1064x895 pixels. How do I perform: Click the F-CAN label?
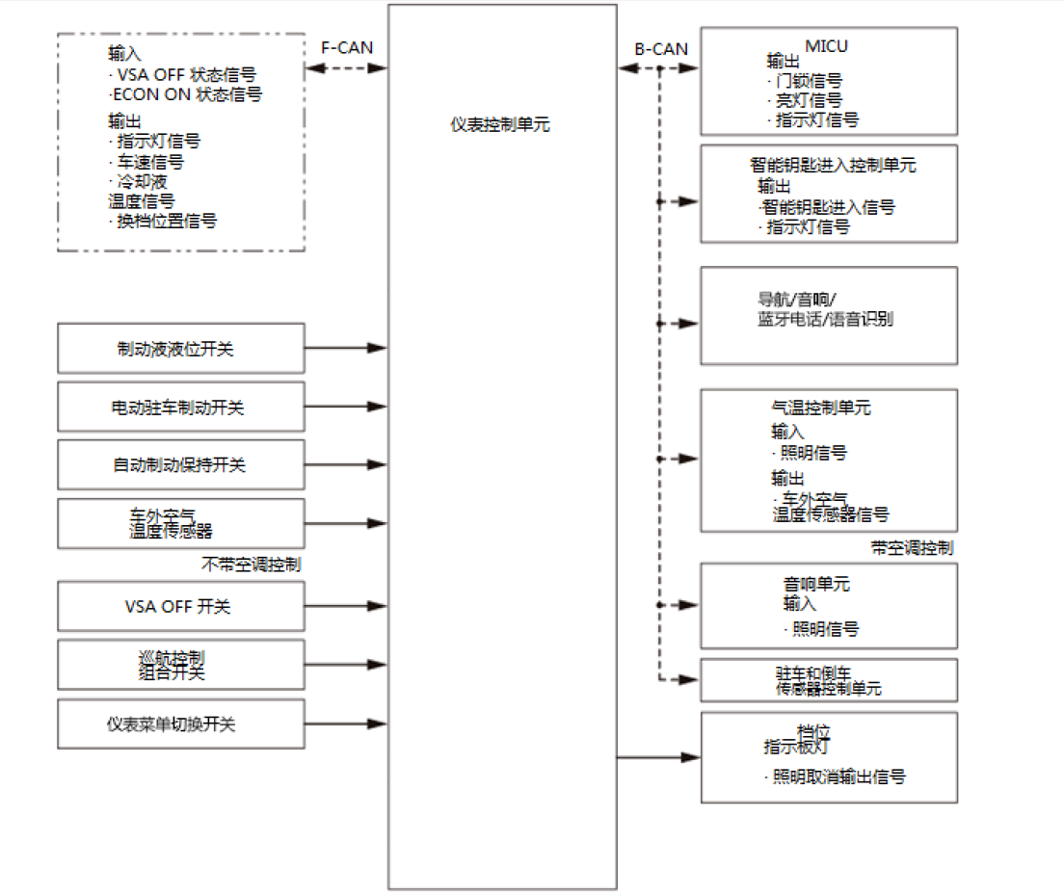tap(346, 47)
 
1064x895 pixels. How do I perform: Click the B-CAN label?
tap(660, 48)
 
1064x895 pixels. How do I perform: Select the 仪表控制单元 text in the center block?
tap(500, 124)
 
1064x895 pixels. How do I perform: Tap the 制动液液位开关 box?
tap(181, 349)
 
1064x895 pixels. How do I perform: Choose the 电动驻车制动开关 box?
tap(181, 408)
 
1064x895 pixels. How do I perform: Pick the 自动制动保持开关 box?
tap(181, 465)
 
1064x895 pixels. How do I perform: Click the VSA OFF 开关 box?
tap(181, 607)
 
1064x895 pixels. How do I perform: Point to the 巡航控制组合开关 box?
tap(181, 665)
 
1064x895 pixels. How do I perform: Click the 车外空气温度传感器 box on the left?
tap(181, 523)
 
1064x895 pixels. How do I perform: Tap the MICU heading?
tap(827, 46)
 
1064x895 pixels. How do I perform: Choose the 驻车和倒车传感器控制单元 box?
tap(828, 680)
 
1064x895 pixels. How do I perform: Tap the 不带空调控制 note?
tap(251, 565)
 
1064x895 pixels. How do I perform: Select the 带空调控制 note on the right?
tap(912, 547)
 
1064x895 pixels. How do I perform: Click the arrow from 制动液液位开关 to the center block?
tap(347, 348)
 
